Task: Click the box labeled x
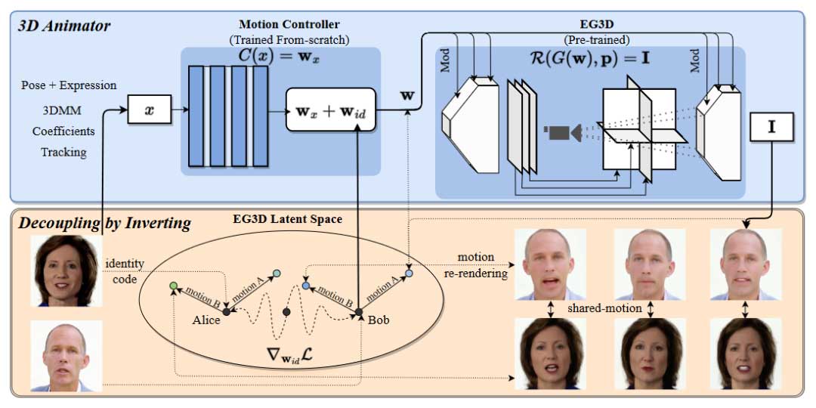click(x=148, y=110)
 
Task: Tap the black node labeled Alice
click(x=225, y=310)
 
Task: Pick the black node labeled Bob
click(x=359, y=311)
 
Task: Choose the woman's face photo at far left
click(x=65, y=270)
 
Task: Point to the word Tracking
click(x=63, y=152)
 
